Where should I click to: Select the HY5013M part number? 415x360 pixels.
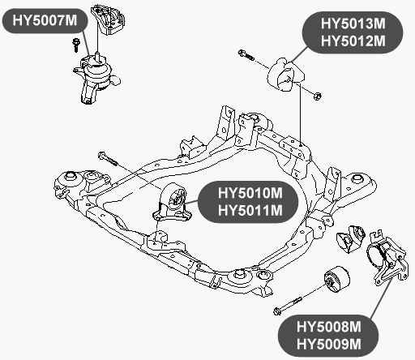[353, 25]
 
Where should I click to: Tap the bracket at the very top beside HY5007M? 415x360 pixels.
[105, 20]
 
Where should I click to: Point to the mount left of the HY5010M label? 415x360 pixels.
[172, 204]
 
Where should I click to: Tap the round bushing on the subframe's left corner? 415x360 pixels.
[71, 176]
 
